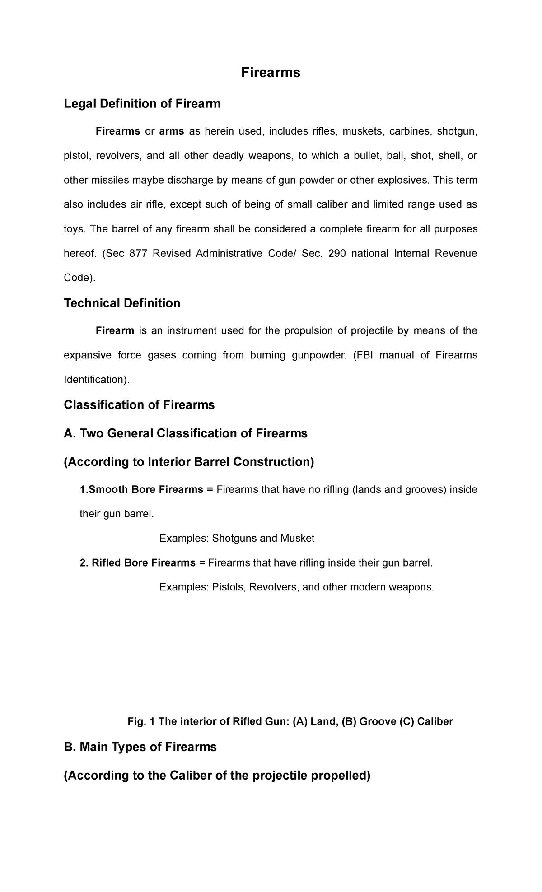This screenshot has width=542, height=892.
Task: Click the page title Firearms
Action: pos(271,72)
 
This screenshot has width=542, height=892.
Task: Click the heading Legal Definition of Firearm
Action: pos(142,104)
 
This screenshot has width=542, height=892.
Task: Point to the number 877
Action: pos(138,253)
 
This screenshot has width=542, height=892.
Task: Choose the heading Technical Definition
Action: pos(122,303)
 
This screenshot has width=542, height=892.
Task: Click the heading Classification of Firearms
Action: pos(139,405)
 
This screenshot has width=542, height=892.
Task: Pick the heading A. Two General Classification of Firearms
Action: pos(186,433)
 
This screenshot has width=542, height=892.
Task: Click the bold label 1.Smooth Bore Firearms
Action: pos(141,490)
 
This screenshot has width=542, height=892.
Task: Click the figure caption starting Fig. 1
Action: pos(290,722)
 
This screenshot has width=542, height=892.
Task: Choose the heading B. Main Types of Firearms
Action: pos(140,747)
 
